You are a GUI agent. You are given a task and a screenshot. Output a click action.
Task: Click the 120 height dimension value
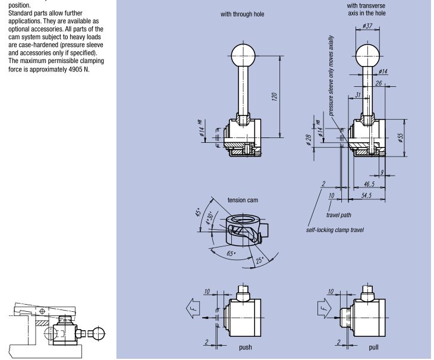pos(274,96)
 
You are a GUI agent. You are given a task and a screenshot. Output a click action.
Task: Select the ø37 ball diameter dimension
pos(367,26)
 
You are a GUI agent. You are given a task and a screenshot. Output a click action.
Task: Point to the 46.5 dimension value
pos(369,184)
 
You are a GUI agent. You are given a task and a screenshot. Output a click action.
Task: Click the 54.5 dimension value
pos(366,196)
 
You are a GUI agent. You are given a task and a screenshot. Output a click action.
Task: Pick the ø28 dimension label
pos(309,140)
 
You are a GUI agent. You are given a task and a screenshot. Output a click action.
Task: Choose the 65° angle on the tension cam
pos(231,253)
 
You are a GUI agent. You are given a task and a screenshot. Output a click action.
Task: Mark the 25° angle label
pos(260,261)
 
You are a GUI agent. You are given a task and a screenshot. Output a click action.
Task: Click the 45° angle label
pos(199,212)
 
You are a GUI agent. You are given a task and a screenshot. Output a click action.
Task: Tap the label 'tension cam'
pos(243,200)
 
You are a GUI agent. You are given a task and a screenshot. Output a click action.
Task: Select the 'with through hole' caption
pos(242,14)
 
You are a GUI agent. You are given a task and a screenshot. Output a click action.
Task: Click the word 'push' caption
pos(246,348)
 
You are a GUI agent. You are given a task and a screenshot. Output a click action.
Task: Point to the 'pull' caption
pos(374,348)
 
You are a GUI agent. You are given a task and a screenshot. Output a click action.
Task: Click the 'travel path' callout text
pos(338,215)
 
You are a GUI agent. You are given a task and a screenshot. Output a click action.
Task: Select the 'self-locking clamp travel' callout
pos(335,230)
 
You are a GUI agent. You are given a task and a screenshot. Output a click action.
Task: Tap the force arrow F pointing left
pos(193,308)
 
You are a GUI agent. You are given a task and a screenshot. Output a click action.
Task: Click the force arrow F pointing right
pos(324,308)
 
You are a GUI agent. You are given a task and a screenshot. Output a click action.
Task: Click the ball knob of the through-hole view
pos(243,55)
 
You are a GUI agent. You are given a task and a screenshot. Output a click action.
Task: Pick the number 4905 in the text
pos(76,69)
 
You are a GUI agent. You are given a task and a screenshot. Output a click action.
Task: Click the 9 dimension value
pos(382,172)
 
